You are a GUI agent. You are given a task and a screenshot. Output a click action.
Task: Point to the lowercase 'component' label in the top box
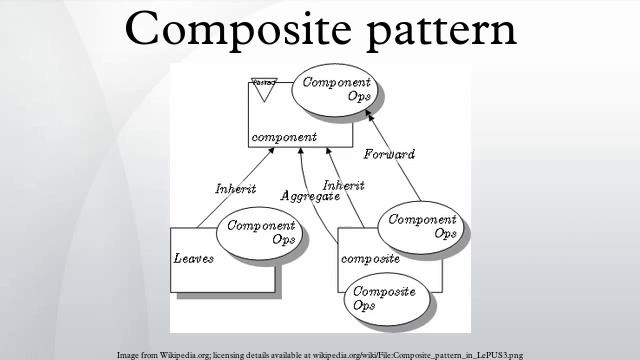click(x=283, y=137)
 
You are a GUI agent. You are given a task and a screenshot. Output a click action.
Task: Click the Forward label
click(x=388, y=155)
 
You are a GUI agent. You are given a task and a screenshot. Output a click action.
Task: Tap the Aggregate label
click(x=309, y=197)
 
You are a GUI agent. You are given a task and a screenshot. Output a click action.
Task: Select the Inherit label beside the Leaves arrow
click(x=235, y=189)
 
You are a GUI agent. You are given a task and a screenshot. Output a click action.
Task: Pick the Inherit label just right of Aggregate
click(x=343, y=185)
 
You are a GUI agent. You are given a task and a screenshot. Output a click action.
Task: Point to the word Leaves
click(x=194, y=258)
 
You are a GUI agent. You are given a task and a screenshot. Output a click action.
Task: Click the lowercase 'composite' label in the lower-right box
click(x=371, y=258)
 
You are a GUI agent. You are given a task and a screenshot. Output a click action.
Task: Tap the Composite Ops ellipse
click(x=379, y=298)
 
